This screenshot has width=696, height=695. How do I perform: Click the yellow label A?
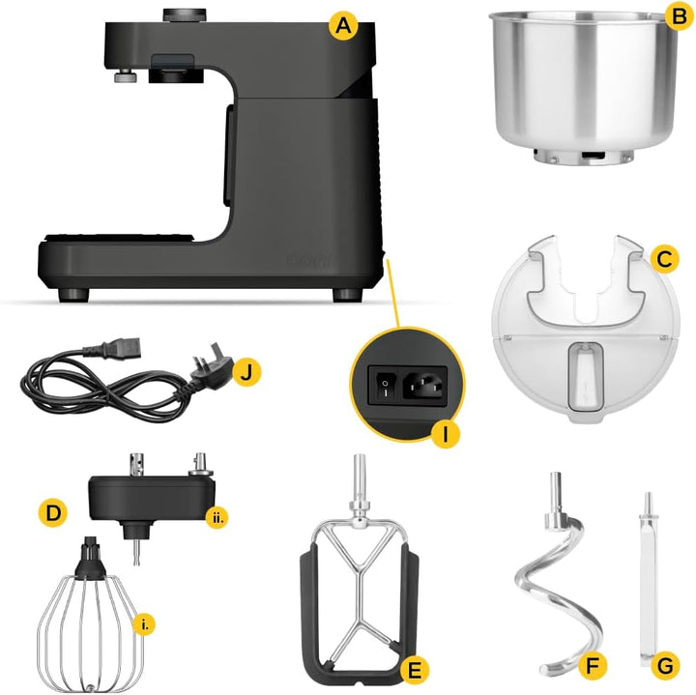click(x=340, y=26)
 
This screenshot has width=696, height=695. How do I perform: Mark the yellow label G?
click(x=665, y=666)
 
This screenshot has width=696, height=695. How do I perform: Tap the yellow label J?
click(x=248, y=370)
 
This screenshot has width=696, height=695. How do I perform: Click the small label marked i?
click(x=146, y=625)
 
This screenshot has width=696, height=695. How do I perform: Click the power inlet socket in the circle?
click(x=422, y=387)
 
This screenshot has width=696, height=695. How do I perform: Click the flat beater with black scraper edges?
click(x=363, y=590)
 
